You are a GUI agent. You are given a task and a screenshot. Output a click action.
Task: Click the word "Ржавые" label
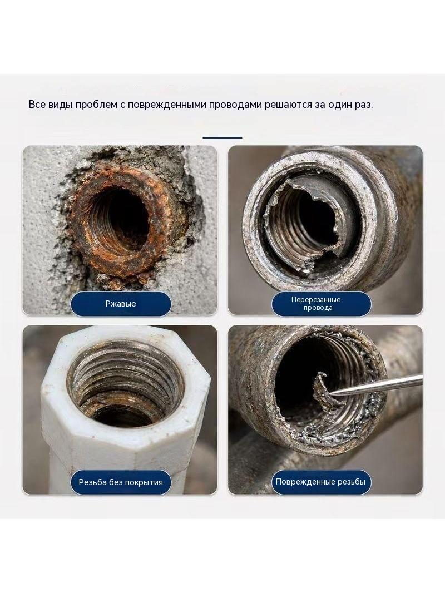coord(121,304)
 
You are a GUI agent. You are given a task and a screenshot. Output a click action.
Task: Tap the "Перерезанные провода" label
coord(316,304)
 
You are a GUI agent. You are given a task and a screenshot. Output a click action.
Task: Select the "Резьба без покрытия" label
coord(121,482)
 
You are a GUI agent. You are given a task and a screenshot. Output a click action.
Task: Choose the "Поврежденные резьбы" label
coord(320,482)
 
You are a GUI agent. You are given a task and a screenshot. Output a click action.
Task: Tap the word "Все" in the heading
coord(37,105)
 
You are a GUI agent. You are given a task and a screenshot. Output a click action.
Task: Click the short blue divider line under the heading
coord(222,137)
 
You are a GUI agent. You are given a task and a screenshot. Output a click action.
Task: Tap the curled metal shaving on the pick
coord(321,389)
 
